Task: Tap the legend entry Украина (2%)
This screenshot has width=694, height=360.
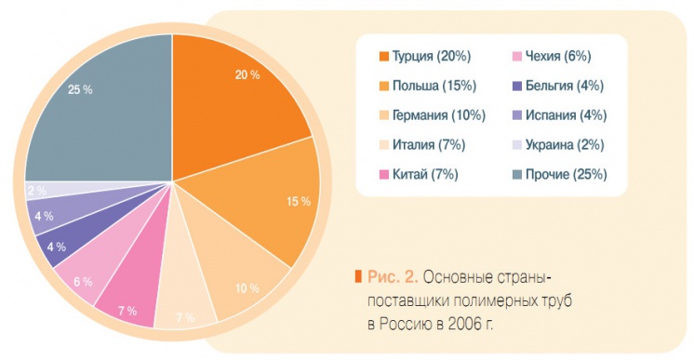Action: point(565,144)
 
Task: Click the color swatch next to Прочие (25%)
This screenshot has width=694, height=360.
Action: point(515,174)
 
